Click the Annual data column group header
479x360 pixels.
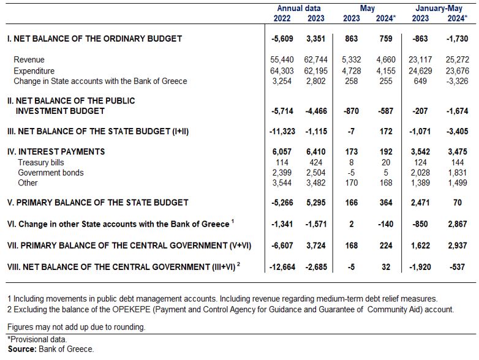click(x=298, y=8)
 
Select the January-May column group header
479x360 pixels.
click(x=439, y=8)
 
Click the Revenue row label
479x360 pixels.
click(x=29, y=59)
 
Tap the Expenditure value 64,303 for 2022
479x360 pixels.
click(x=282, y=71)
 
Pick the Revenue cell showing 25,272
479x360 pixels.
click(x=457, y=59)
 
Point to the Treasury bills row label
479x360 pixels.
click(x=41, y=162)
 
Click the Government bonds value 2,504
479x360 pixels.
click(x=316, y=173)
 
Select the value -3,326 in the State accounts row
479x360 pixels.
click(x=457, y=81)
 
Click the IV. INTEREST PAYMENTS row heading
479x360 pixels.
click(x=56, y=152)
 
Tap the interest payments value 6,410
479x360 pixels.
click(x=316, y=152)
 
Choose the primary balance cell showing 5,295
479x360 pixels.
click(x=316, y=203)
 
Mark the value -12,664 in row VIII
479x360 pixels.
click(x=282, y=267)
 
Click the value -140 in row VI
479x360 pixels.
click(x=385, y=224)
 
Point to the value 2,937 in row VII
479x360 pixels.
click(x=457, y=246)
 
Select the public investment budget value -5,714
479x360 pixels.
click(x=282, y=111)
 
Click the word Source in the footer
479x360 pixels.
click(x=22, y=349)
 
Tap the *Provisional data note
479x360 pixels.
click(x=37, y=340)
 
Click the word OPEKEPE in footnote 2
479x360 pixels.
click(x=131, y=310)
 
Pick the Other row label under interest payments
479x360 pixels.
click(x=28, y=182)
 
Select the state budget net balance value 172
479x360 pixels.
click(x=386, y=131)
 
